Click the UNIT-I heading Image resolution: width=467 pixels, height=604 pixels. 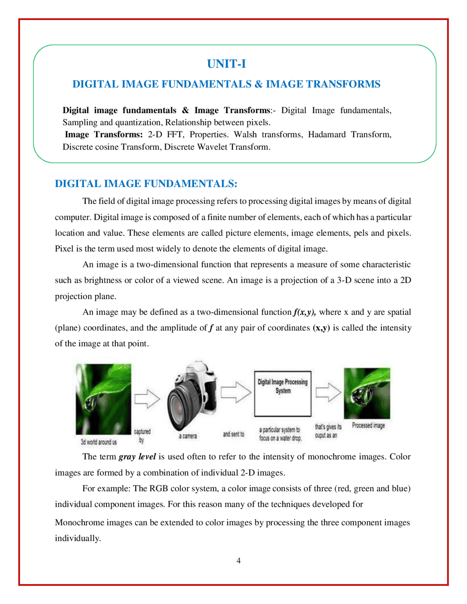coord(226,64)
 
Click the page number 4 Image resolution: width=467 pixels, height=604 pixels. coord(239,561)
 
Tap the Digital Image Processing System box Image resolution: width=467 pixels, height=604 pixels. coord(283,394)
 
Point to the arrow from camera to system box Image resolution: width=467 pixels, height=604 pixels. coord(236,392)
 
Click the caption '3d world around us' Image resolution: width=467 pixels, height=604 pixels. coord(99,442)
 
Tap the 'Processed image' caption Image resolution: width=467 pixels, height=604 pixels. coord(368,425)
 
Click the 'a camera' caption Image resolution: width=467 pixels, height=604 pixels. coord(188,436)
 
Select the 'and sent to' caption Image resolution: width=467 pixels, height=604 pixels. coord(233,434)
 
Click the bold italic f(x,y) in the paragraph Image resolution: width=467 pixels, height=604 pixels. coord(304,312)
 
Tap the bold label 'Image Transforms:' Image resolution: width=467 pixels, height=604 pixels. coord(104,135)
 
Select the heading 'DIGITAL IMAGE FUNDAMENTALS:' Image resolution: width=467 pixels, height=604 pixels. coord(146,183)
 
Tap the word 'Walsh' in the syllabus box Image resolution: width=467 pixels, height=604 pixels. coord(245,135)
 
